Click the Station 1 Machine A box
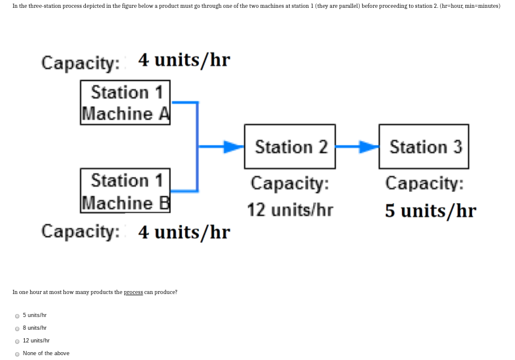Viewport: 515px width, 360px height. click(126, 103)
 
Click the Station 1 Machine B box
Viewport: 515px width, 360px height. click(126, 191)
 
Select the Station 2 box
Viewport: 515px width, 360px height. click(290, 147)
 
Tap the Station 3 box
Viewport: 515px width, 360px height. click(424, 147)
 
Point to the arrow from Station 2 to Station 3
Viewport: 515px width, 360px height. click(357, 146)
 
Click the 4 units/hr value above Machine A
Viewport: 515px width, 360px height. click(184, 61)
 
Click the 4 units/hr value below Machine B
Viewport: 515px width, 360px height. click(184, 232)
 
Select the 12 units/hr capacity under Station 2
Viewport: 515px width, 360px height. click(290, 210)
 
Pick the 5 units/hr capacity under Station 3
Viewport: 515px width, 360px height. click(430, 211)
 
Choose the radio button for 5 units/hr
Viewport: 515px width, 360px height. click(17, 315)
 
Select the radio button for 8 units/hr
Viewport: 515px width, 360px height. click(17, 328)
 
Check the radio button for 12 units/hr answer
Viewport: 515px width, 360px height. click(17, 341)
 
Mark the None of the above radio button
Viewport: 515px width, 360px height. click(17, 353)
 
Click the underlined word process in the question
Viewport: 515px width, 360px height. click(133, 292)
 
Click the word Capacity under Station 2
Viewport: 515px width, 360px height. click(290, 183)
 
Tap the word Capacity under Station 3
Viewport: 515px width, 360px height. click(424, 183)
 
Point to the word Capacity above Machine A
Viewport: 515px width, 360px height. click(81, 62)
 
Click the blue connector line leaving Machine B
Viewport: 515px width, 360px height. click(184, 190)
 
